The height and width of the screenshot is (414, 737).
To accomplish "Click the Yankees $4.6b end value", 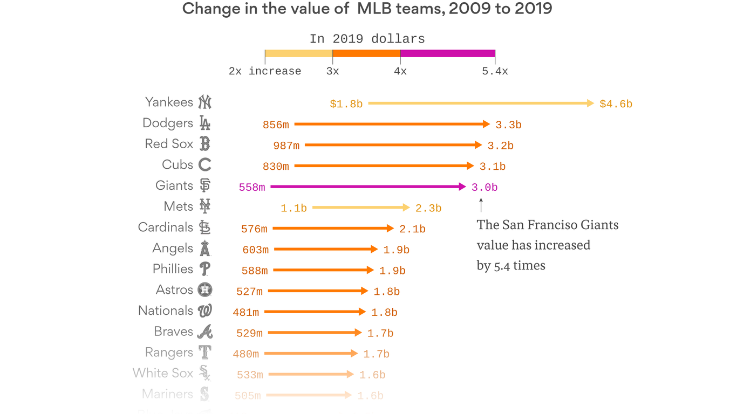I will (616, 104).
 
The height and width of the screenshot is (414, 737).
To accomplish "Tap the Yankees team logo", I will (204, 102).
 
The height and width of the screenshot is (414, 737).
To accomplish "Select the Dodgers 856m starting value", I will (276, 125).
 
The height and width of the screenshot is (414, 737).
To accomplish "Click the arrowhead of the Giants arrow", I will (462, 187).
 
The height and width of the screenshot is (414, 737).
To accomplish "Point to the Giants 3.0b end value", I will (484, 188).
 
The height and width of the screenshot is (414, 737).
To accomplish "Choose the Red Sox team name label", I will (169, 144).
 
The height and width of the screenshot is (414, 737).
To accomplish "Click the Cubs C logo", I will (204, 164).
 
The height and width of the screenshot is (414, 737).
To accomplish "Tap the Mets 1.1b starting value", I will (294, 208).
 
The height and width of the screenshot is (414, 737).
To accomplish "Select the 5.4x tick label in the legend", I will (495, 71).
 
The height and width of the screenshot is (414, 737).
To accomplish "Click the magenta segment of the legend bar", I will (447, 53).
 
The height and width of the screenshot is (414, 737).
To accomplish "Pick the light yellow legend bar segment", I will (298, 53).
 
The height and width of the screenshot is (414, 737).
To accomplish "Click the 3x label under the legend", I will (332, 71).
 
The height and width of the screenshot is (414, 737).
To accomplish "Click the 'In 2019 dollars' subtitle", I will (367, 39).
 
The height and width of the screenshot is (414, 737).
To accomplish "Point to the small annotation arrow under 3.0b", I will (481, 205).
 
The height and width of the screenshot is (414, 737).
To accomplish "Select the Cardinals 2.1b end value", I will (412, 229).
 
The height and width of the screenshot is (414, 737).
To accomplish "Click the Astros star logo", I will (204, 290).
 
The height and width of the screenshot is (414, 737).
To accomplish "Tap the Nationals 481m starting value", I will (246, 313).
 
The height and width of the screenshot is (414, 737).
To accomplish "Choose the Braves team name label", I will (173, 332).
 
